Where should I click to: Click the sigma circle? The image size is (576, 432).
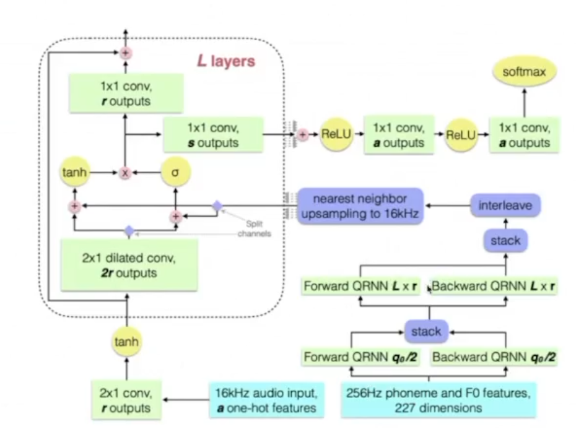[175, 174]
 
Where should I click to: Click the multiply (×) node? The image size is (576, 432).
[126, 174]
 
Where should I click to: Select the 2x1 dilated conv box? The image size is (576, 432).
[129, 265]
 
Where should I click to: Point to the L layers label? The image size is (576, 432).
[226, 62]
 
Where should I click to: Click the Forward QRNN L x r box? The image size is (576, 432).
[362, 287]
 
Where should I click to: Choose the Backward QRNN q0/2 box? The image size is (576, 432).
[494, 356]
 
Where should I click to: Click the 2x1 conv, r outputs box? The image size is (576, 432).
[126, 399]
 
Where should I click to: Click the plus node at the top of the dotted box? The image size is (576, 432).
[126, 54]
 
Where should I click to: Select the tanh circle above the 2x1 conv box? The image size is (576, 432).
[126, 341]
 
